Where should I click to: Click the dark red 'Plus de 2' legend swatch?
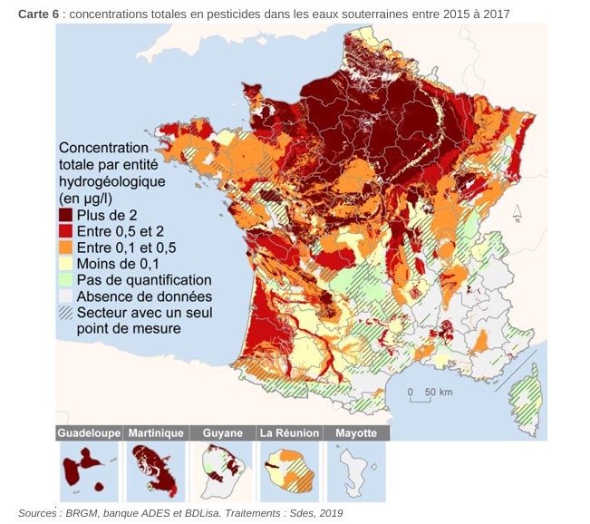tap(66, 215)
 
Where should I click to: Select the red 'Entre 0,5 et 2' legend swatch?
tap(66, 231)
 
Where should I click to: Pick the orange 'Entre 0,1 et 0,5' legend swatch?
tap(66, 247)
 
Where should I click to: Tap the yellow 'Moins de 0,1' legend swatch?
tap(66, 264)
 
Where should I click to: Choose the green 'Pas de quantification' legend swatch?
tap(66, 280)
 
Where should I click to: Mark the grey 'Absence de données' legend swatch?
tap(66, 296)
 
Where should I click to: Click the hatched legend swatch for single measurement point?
tap(66, 313)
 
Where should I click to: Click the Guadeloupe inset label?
tap(89, 433)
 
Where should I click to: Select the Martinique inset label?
tap(156, 433)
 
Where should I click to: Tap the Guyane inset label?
tap(222, 433)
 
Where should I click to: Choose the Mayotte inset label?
tap(356, 433)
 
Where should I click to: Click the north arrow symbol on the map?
tap(517, 214)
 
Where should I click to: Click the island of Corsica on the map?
tap(526, 395)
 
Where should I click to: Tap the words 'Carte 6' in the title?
tap(39, 14)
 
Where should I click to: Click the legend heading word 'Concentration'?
tap(102, 149)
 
